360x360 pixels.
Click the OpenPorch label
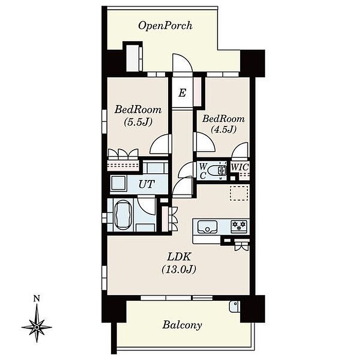(165, 26)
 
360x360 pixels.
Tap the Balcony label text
(182, 326)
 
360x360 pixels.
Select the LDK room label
(179, 257)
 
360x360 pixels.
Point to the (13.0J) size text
(179, 269)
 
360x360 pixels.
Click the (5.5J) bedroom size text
(138, 122)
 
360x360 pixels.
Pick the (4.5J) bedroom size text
(223, 130)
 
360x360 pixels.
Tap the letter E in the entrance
(182, 93)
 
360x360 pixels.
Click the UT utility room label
(147, 184)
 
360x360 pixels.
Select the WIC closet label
(240, 167)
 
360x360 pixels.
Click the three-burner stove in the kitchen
(239, 227)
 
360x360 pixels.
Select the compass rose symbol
(37, 327)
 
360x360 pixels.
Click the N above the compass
(37, 298)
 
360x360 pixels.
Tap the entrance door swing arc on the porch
(182, 63)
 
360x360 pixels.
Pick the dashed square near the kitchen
(239, 193)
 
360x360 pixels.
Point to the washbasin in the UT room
(118, 183)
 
